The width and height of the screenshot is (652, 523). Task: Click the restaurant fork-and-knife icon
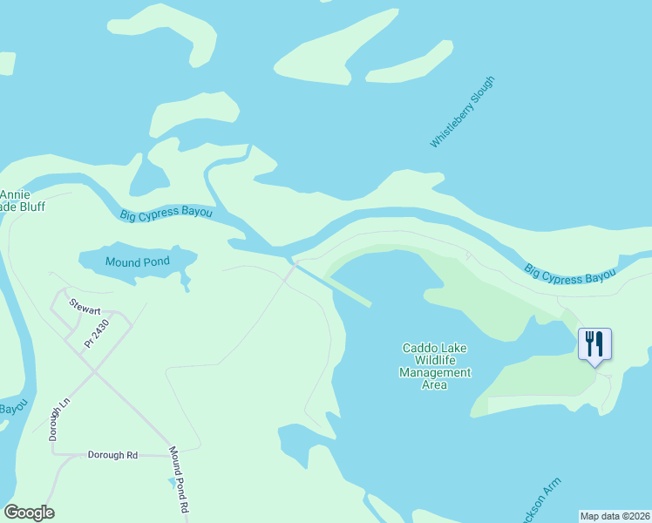pyautogui.click(x=594, y=343)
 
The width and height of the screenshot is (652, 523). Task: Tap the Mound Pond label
pyautogui.click(x=137, y=261)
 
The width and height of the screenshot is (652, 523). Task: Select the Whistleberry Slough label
pyautogui.click(x=462, y=112)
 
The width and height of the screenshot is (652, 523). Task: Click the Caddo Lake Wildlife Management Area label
pyautogui.click(x=434, y=366)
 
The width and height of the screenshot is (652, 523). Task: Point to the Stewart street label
pyautogui.click(x=85, y=308)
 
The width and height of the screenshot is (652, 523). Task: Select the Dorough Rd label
pyautogui.click(x=112, y=455)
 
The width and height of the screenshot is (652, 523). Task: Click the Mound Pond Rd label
pyautogui.click(x=180, y=479)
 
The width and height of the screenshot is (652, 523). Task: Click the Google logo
pyautogui.click(x=29, y=513)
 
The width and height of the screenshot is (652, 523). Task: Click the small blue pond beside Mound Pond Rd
pyautogui.click(x=172, y=480)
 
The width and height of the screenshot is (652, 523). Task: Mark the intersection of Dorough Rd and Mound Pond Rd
pyautogui.click(x=169, y=455)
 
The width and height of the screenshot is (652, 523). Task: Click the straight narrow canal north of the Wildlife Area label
pyautogui.click(x=336, y=286)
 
